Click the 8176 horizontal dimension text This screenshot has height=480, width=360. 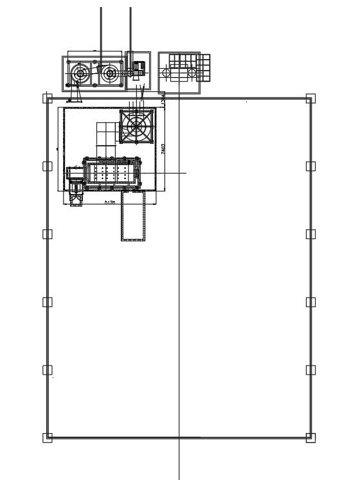point(110,202)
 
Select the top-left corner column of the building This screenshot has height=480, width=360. point(47,98)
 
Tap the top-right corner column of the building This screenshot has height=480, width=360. point(310,98)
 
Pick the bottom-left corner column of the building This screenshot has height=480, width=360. point(47,438)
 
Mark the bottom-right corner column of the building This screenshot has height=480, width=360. point(310,438)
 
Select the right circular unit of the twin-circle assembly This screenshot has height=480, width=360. point(110,74)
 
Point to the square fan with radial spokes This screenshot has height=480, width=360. point(136,125)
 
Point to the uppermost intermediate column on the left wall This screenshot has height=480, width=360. point(47,166)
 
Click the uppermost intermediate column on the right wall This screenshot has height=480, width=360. point(310,166)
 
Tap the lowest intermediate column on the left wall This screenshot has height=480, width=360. point(47,369)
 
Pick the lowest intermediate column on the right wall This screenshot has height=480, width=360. point(310,369)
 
